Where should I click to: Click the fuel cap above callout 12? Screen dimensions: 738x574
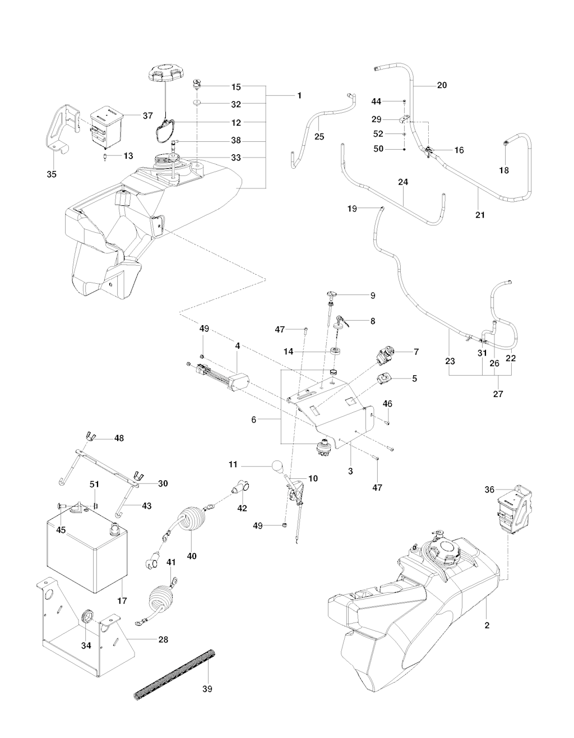click(164, 73)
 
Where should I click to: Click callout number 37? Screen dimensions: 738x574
click(147, 116)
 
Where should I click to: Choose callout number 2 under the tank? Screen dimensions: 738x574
click(487, 625)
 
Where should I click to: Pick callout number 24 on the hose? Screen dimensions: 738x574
click(403, 182)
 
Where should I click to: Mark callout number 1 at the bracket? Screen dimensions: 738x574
click(299, 96)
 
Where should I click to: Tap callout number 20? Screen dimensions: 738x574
click(442, 85)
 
